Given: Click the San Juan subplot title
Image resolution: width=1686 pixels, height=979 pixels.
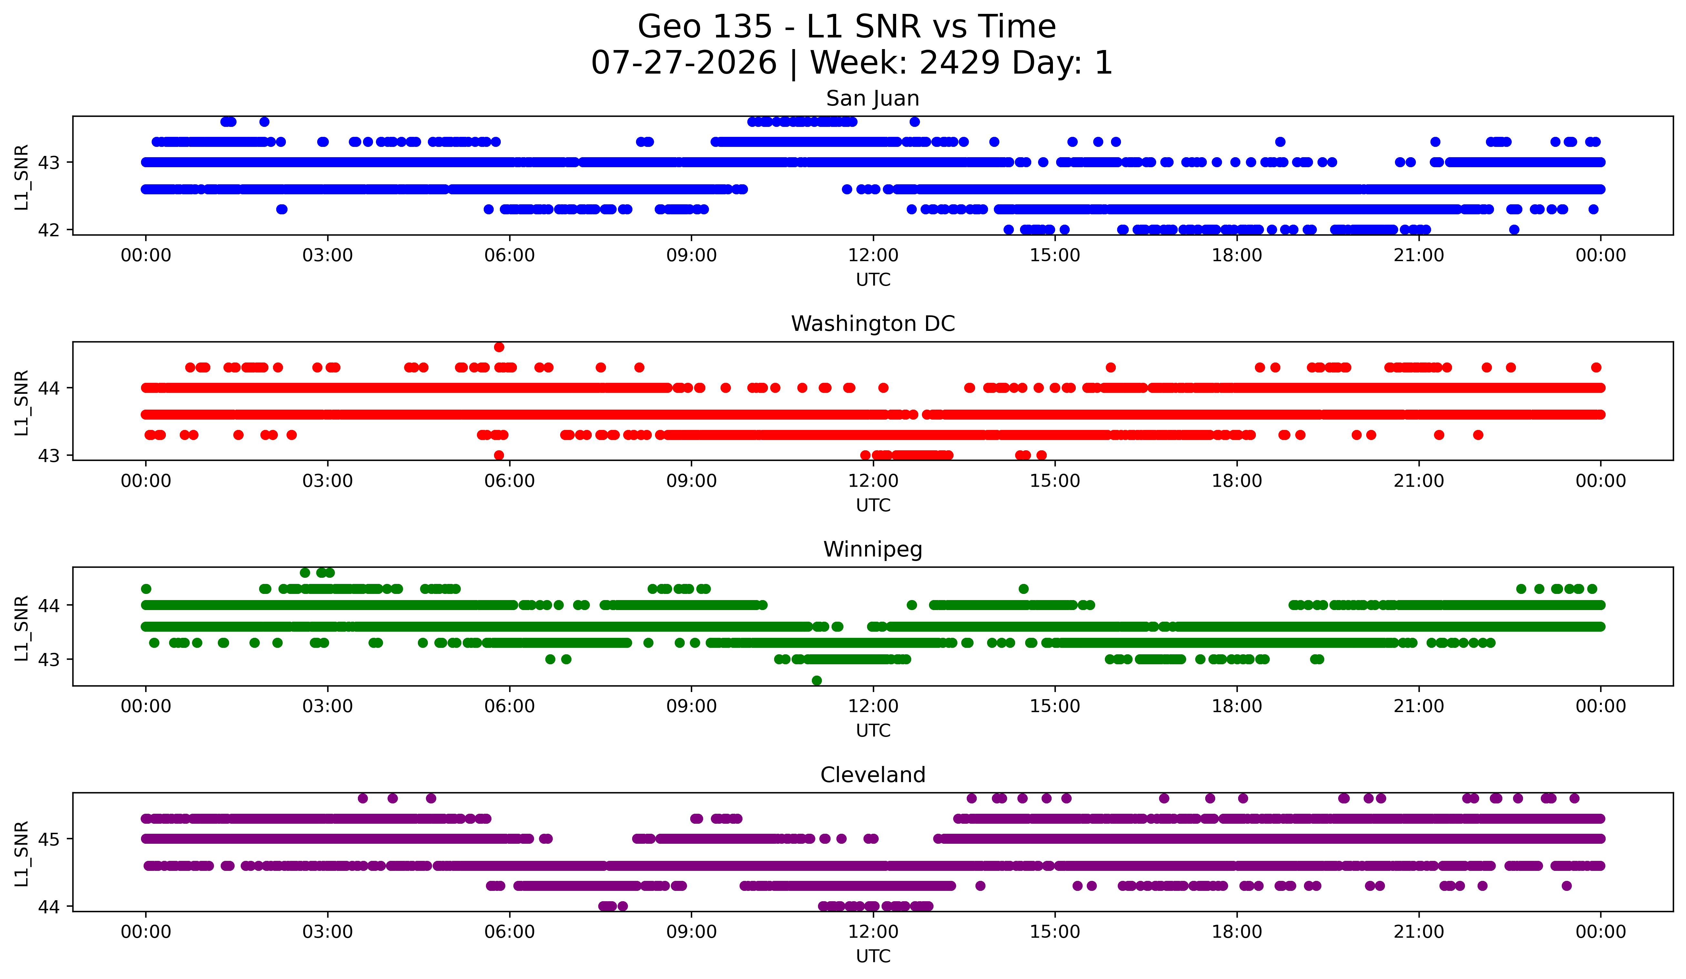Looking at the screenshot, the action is [x=873, y=98].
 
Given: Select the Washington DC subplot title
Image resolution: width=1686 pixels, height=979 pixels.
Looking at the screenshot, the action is [x=873, y=324].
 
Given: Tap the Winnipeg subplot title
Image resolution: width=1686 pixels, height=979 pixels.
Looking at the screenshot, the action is [x=873, y=549].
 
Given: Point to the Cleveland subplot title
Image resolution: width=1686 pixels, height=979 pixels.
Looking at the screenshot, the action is [x=873, y=775].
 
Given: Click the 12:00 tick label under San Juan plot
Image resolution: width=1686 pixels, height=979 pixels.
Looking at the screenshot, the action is [x=873, y=256].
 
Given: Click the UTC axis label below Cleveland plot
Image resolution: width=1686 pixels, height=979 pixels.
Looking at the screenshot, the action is [x=873, y=956].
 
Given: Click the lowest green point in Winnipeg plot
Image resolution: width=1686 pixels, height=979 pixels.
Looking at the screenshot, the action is [x=816, y=680].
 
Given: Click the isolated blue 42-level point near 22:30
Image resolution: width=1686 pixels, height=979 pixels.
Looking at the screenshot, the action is [x=1514, y=229].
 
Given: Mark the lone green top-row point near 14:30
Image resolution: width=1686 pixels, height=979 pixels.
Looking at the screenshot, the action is [x=1023, y=589].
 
